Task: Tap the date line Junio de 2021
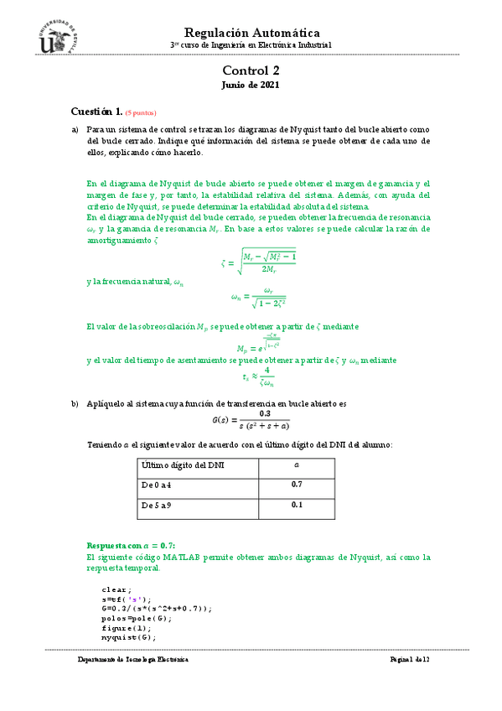click(251, 86)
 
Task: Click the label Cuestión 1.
click(96, 112)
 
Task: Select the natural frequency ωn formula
click(259, 298)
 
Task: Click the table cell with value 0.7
click(296, 485)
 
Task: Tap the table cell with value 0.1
click(296, 505)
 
